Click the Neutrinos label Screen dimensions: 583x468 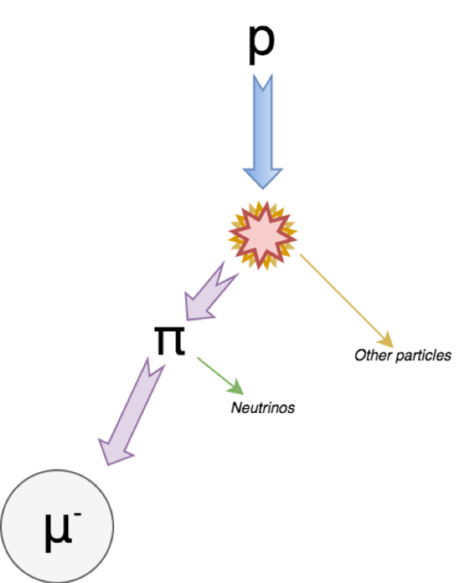262,408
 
